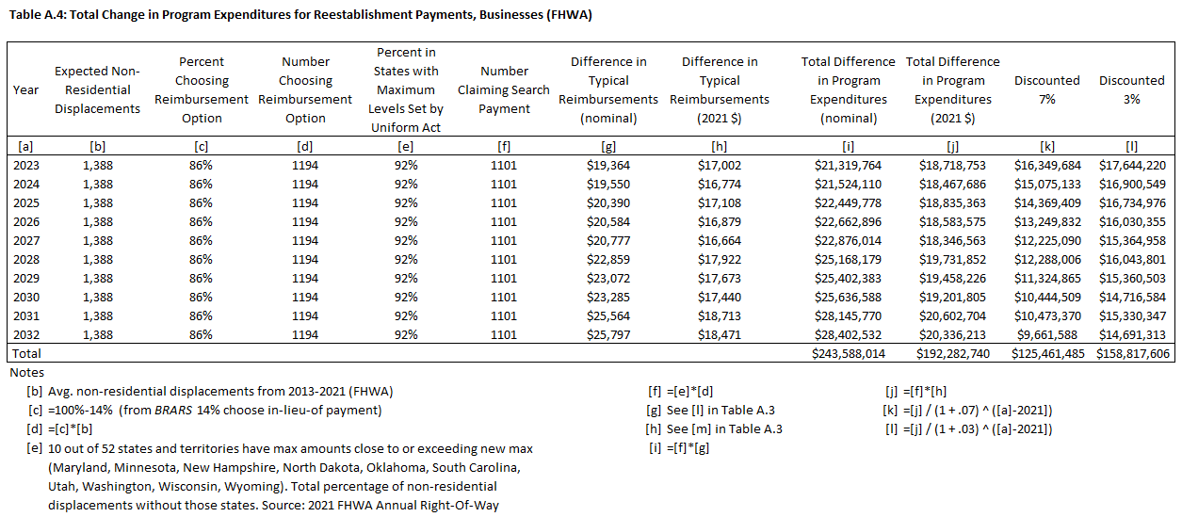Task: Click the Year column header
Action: [25, 90]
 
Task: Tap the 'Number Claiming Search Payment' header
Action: [504, 89]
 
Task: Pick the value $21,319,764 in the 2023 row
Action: [846, 165]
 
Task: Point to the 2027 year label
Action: [25, 240]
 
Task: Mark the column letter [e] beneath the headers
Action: [405, 146]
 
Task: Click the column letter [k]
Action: [1046, 146]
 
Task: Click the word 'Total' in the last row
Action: [26, 354]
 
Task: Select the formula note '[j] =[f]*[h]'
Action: [913, 392]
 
